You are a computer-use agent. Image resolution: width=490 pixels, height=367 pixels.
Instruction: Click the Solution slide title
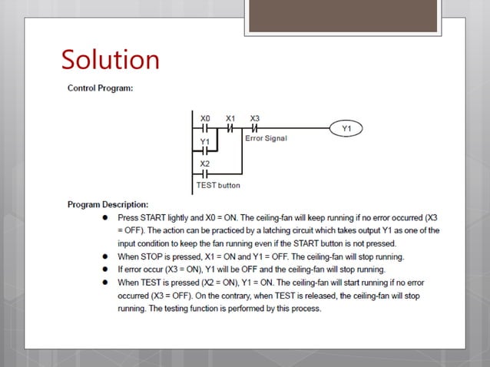[110, 59]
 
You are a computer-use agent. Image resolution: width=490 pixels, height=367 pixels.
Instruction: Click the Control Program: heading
[100, 88]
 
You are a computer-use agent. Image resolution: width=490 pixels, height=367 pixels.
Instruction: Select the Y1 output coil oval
[346, 129]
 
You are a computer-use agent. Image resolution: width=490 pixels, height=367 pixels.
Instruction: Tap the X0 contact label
[205, 118]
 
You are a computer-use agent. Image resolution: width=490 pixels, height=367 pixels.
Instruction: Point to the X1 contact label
[230, 118]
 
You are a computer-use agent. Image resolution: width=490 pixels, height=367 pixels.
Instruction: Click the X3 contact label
[255, 118]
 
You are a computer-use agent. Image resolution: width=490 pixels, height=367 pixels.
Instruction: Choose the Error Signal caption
[266, 139]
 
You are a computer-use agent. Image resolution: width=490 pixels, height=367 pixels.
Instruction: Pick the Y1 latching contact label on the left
[204, 141]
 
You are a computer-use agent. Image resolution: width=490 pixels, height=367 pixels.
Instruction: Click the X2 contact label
[205, 164]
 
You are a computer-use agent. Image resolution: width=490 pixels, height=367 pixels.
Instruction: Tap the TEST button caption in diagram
[219, 185]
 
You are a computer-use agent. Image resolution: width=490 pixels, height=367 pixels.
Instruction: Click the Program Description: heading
[108, 205]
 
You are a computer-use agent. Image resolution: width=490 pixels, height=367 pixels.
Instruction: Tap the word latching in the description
[296, 230]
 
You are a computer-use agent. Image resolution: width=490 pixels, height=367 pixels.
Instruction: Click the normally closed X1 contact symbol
[230, 129]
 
